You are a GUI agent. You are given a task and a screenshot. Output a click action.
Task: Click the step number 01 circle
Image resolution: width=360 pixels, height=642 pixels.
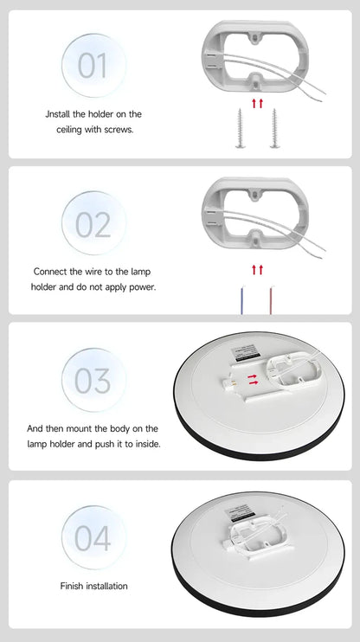tap(93, 65)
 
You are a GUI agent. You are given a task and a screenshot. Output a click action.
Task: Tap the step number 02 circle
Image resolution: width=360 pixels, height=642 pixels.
tap(93, 223)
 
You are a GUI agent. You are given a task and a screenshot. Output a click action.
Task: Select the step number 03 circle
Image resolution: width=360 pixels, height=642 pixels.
tap(93, 381)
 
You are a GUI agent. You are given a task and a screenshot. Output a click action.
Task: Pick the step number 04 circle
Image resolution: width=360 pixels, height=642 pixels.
tap(93, 537)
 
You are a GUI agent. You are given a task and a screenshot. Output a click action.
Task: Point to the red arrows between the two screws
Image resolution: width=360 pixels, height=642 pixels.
tap(256, 103)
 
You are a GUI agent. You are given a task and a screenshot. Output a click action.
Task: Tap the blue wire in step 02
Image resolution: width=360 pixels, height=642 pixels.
tap(242, 299)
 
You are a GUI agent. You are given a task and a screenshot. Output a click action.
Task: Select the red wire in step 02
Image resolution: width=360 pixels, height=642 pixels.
tap(270, 299)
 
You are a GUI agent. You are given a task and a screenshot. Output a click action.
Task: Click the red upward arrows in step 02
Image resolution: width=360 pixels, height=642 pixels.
tap(256, 269)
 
